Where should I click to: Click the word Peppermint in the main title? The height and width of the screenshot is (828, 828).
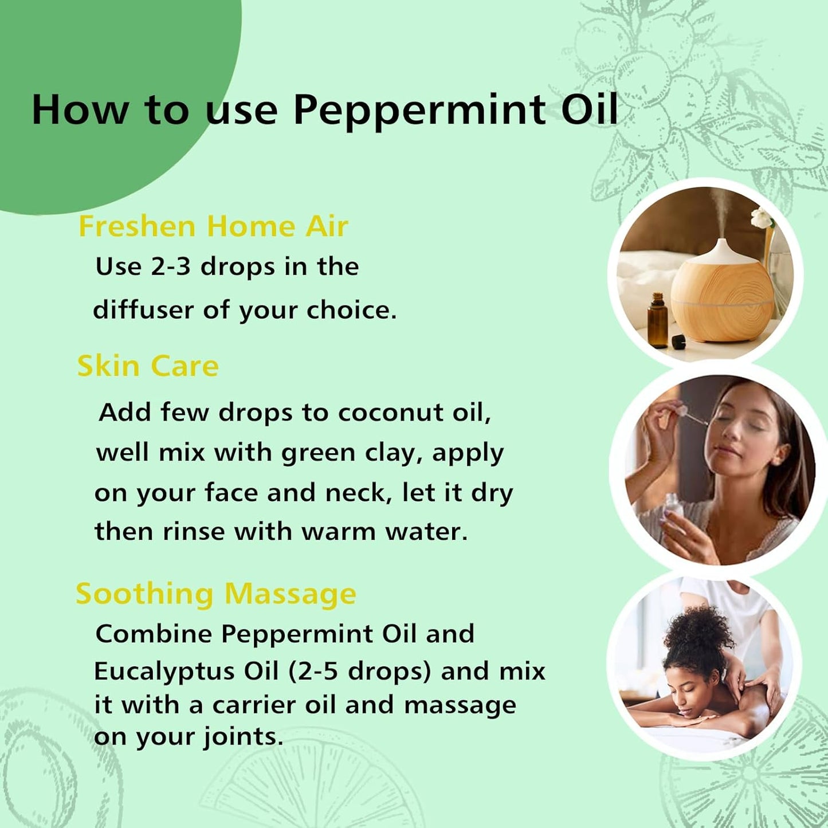[419, 110]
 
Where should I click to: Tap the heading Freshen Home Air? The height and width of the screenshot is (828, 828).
[213, 226]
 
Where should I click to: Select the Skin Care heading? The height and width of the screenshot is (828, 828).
[148, 366]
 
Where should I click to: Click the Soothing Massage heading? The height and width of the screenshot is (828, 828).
[215, 593]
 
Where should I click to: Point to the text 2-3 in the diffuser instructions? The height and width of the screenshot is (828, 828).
[170, 266]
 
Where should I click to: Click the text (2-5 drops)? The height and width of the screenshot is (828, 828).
[359, 671]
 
